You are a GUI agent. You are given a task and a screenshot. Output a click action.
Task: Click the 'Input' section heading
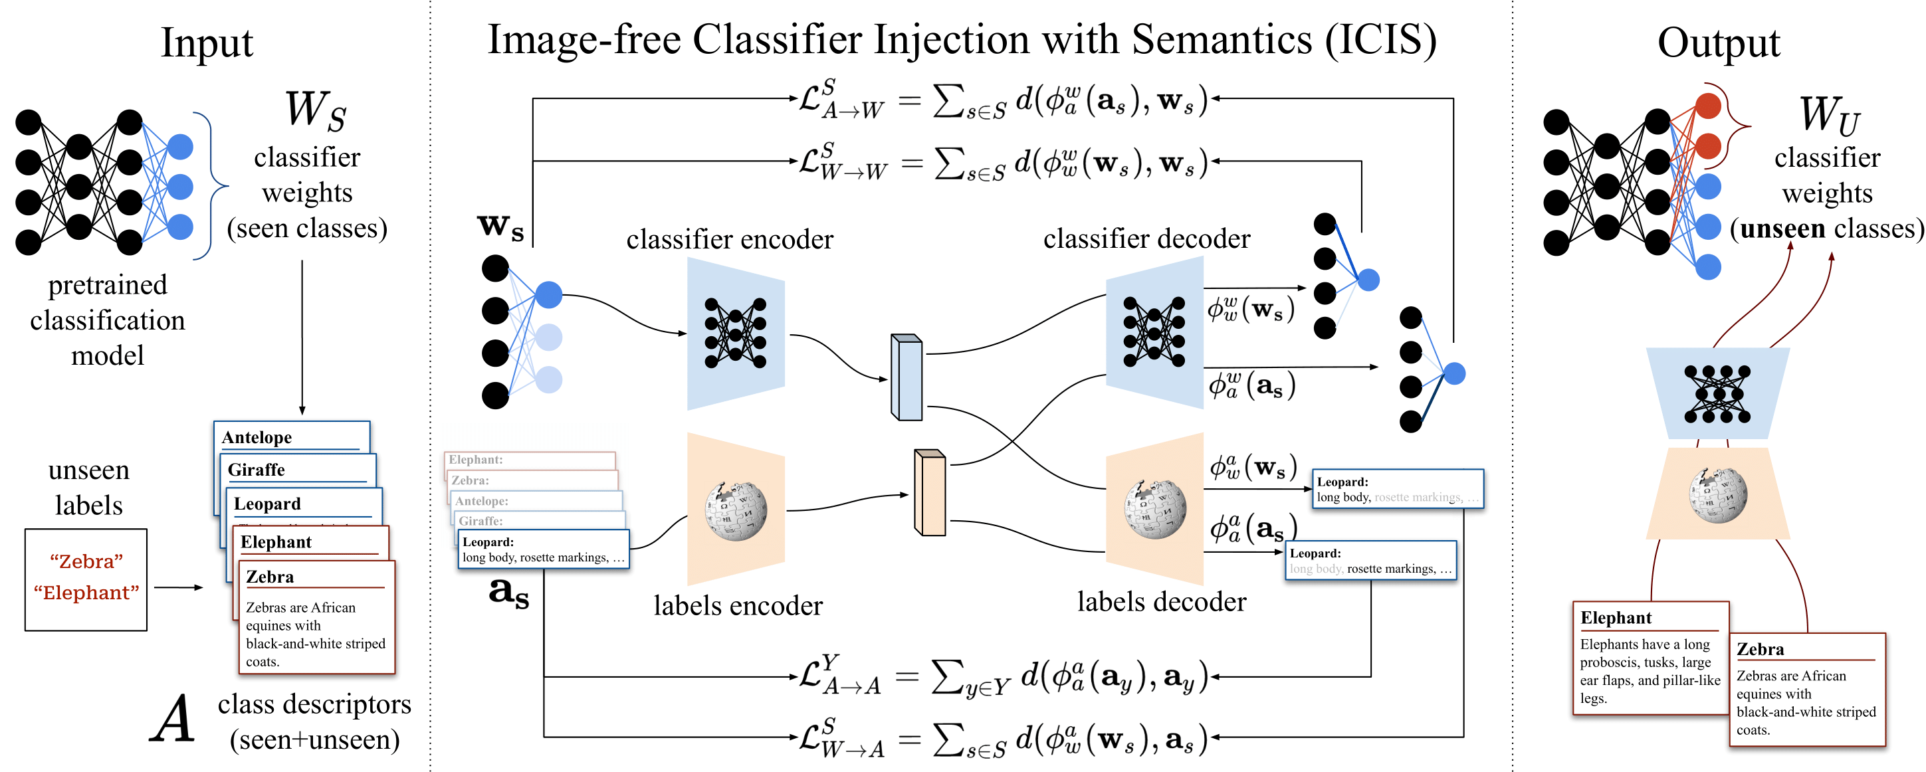coord(207,43)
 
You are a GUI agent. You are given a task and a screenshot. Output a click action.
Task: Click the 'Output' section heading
coord(1718,43)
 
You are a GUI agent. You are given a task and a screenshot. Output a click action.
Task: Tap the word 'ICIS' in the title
coord(1380,40)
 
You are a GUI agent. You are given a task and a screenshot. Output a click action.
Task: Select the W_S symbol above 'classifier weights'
coord(315,110)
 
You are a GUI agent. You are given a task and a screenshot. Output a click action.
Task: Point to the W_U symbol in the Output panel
coord(1828,115)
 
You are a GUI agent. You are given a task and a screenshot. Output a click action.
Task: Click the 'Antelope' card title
coord(257,437)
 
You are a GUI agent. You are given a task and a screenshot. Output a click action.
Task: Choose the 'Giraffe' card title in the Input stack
coord(256,470)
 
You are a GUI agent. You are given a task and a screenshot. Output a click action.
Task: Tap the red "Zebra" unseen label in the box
coord(86,561)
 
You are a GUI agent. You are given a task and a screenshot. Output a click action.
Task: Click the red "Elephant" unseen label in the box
coord(86,593)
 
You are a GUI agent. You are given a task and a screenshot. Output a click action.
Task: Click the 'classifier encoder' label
coord(729,239)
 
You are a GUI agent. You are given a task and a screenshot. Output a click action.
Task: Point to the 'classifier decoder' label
coord(1146,239)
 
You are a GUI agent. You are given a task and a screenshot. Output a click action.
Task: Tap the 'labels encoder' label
coord(737,605)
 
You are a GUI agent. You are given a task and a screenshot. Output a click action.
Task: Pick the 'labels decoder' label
coord(1161,602)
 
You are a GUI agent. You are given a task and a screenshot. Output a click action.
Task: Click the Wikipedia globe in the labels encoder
coord(736,510)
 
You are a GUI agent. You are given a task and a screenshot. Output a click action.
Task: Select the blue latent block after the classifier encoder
coord(907,377)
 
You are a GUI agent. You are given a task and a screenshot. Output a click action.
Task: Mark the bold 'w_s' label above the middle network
coord(500,226)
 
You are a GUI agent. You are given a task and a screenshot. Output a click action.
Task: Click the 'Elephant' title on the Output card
coord(1615,618)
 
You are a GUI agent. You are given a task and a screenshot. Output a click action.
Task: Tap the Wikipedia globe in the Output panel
coord(1717,494)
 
